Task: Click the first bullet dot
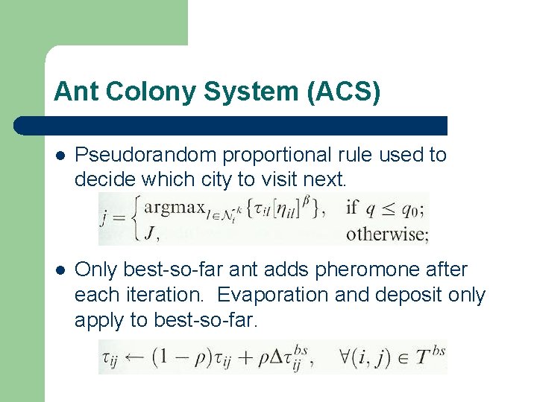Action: pos(60,156)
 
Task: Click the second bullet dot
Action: pos(60,270)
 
